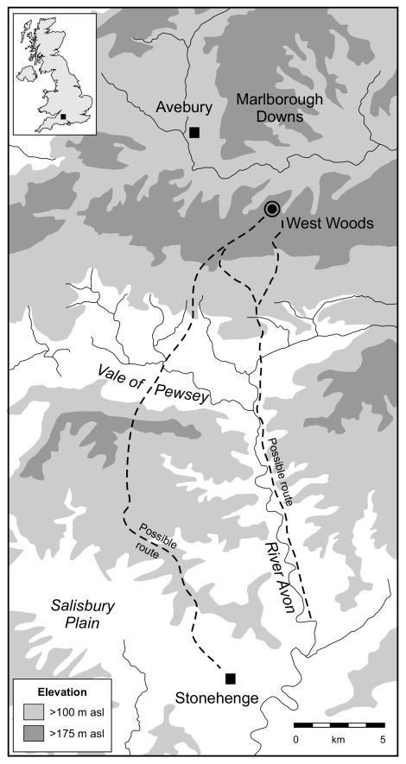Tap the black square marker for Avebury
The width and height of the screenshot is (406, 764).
pos(194,132)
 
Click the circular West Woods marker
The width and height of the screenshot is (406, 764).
pos(272,208)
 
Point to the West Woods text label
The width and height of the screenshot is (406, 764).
pos(329,224)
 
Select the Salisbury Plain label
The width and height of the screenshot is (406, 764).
pos(75,614)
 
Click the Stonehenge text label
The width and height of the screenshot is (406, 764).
pos(216,698)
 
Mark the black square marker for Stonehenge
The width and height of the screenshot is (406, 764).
pos(231,678)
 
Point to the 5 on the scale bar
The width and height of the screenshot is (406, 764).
pos(383,740)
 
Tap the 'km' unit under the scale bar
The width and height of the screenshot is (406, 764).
pos(339,740)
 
